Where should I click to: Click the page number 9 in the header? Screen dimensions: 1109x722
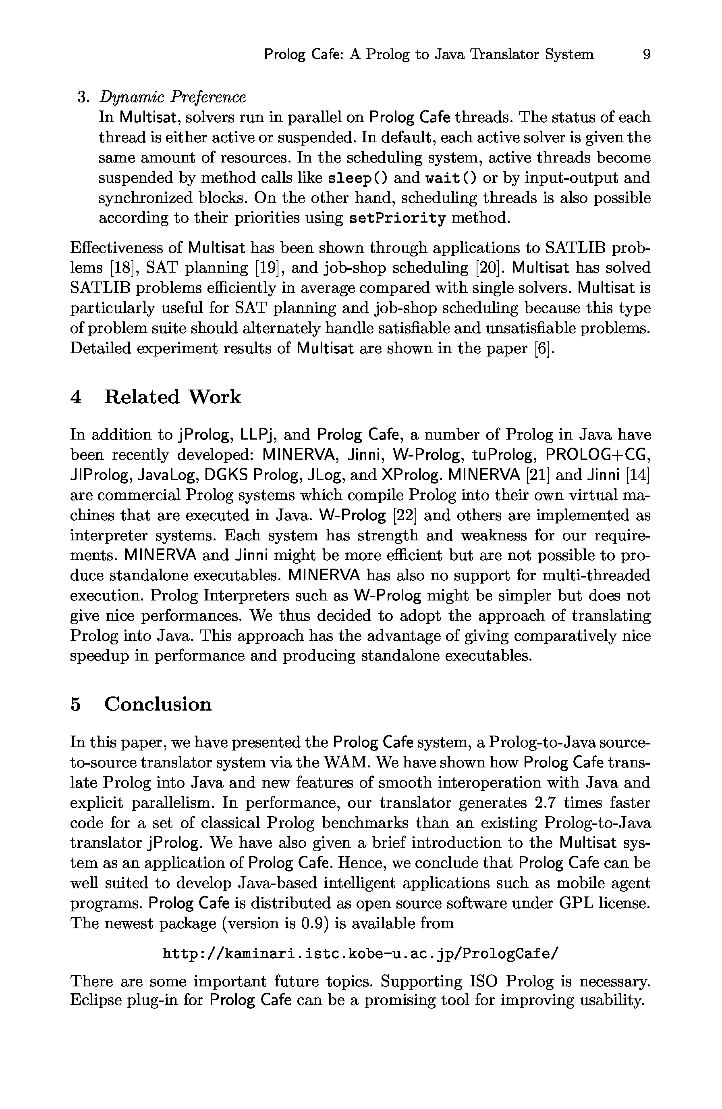(x=646, y=55)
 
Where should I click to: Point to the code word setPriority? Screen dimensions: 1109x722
(x=397, y=218)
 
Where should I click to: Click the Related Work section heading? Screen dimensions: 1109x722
(x=172, y=397)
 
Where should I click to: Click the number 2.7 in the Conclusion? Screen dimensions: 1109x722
(x=533, y=803)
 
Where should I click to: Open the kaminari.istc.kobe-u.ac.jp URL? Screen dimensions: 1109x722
(x=360, y=954)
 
